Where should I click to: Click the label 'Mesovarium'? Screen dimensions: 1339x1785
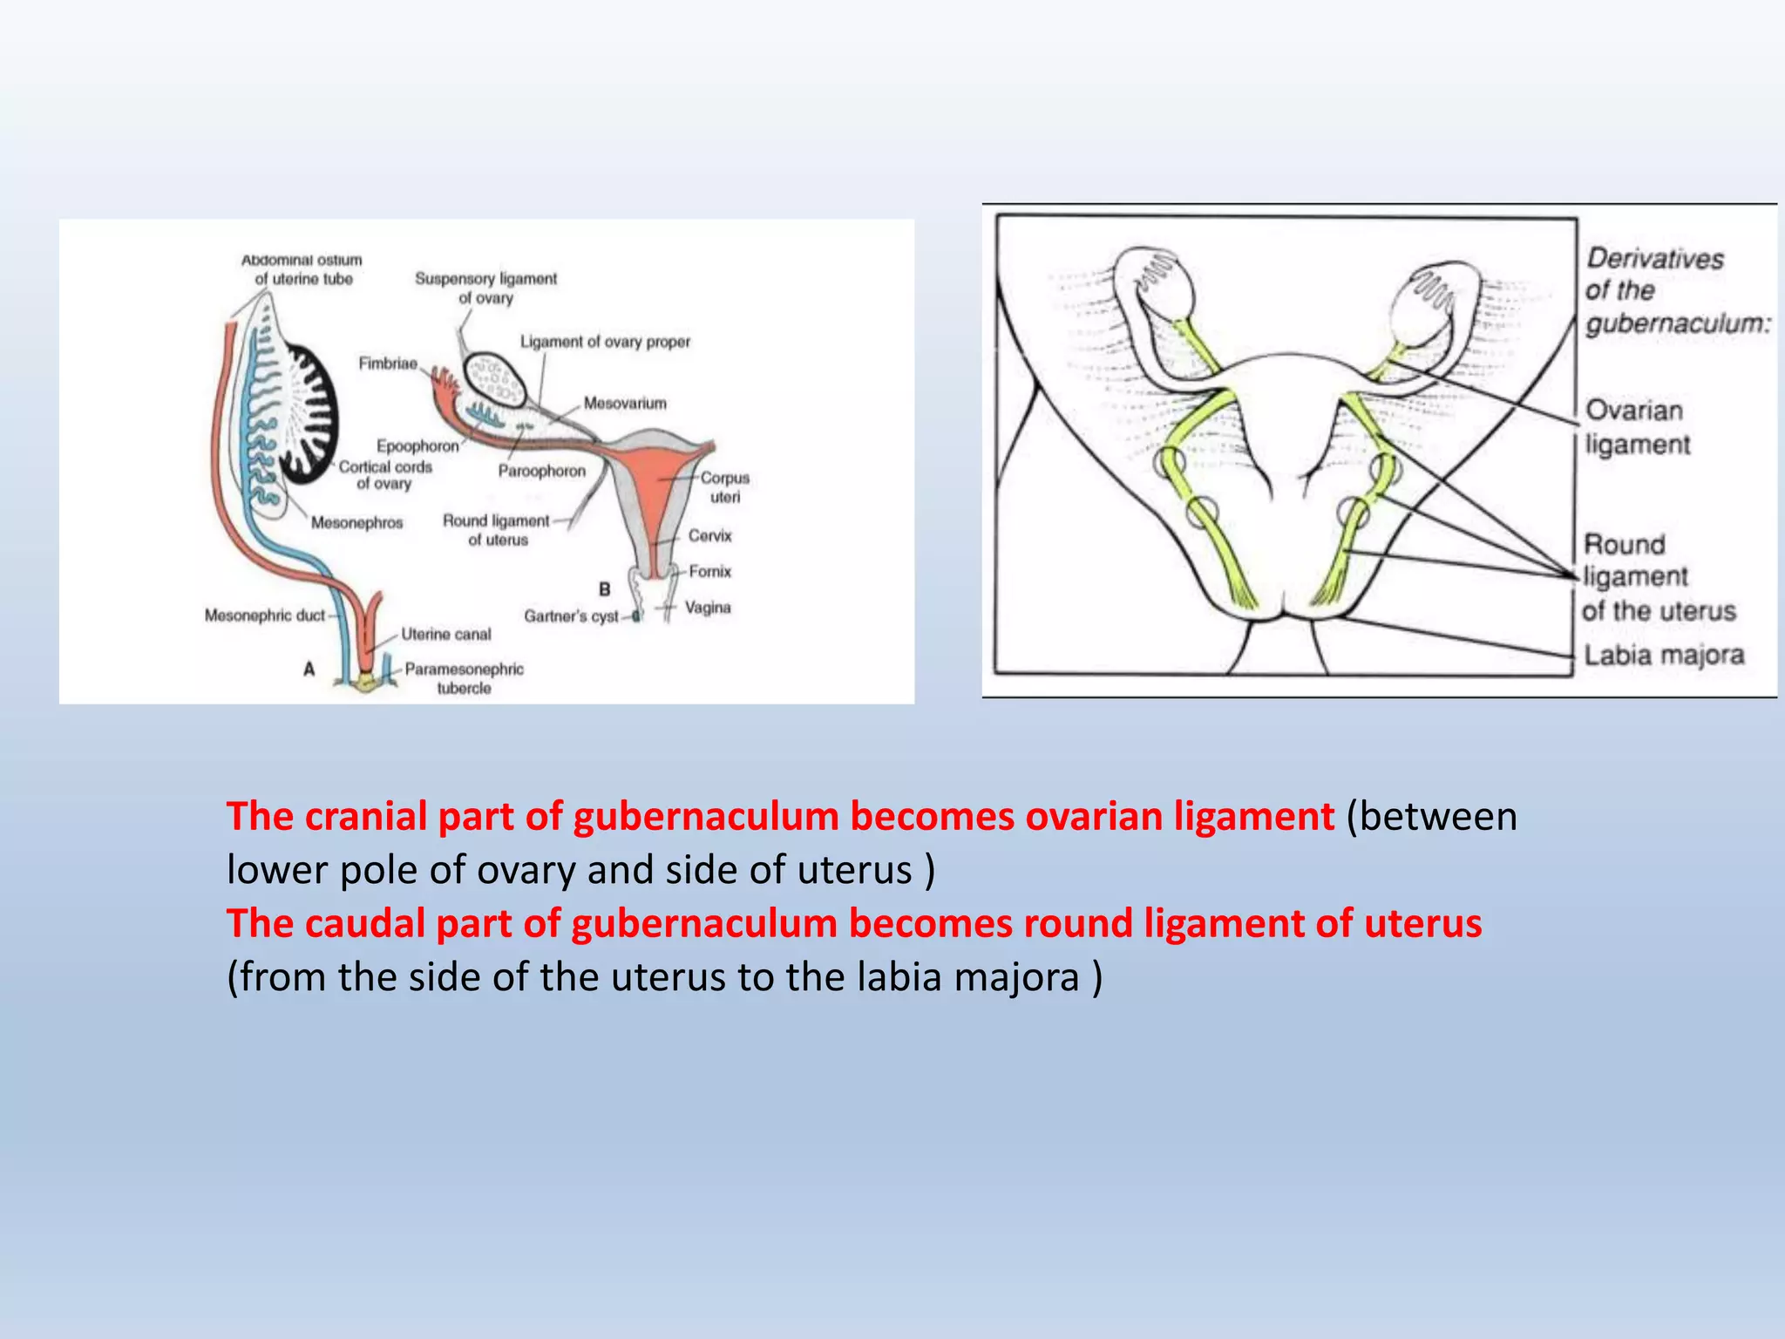[x=625, y=404]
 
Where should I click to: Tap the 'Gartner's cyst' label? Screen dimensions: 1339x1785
[x=571, y=616]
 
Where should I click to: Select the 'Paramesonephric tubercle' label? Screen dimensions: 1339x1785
[x=464, y=678]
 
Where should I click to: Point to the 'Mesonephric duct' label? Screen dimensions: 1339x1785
[x=264, y=615]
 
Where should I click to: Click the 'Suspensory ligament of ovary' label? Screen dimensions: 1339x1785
[x=485, y=288]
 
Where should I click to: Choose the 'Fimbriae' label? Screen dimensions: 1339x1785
[x=388, y=364]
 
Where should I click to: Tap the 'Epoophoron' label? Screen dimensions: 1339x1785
[x=417, y=445]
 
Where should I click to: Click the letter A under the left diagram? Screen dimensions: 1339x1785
[x=309, y=669]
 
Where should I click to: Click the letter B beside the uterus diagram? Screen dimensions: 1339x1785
[x=604, y=590]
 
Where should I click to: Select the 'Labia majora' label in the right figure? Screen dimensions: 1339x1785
[x=1663, y=655]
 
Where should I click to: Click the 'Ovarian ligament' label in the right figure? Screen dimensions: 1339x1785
[x=1635, y=427]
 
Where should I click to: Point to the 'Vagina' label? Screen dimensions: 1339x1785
[x=707, y=608]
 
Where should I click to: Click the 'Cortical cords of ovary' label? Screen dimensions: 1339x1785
[x=384, y=475]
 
